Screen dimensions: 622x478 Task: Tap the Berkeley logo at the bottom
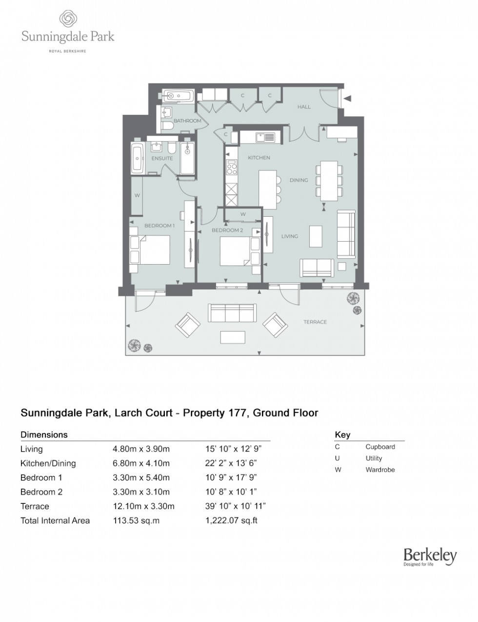click(430, 556)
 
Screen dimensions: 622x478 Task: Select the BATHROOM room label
click(187, 121)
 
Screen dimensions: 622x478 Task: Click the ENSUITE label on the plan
click(162, 158)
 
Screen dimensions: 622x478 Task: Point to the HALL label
click(304, 107)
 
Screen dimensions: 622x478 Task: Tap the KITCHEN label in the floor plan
click(259, 158)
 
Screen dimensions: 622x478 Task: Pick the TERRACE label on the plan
click(315, 322)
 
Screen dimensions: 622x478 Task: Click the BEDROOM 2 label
click(227, 230)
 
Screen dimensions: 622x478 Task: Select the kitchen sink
click(266, 137)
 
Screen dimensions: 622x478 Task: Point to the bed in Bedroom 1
click(150, 249)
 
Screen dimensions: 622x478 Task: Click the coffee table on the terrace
click(233, 337)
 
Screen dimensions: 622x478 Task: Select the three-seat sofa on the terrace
click(232, 312)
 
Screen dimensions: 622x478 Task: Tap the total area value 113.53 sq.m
click(136, 520)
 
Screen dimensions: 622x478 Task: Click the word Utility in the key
click(374, 458)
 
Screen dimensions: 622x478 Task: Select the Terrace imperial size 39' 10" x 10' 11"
click(235, 506)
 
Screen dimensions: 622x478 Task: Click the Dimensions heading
click(44, 435)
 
